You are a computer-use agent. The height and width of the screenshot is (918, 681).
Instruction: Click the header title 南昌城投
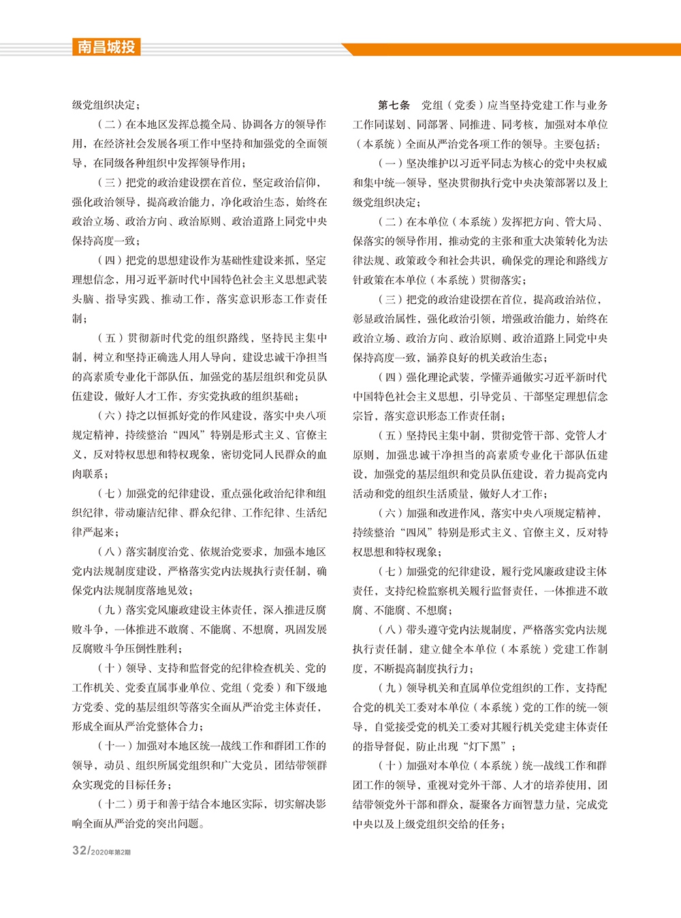[x=106, y=47]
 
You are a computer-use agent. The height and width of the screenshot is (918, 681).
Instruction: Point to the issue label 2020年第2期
[x=111, y=853]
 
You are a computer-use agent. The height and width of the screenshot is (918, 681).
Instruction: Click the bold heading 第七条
[x=394, y=105]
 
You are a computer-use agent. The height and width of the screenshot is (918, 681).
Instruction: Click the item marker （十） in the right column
[x=391, y=765]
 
